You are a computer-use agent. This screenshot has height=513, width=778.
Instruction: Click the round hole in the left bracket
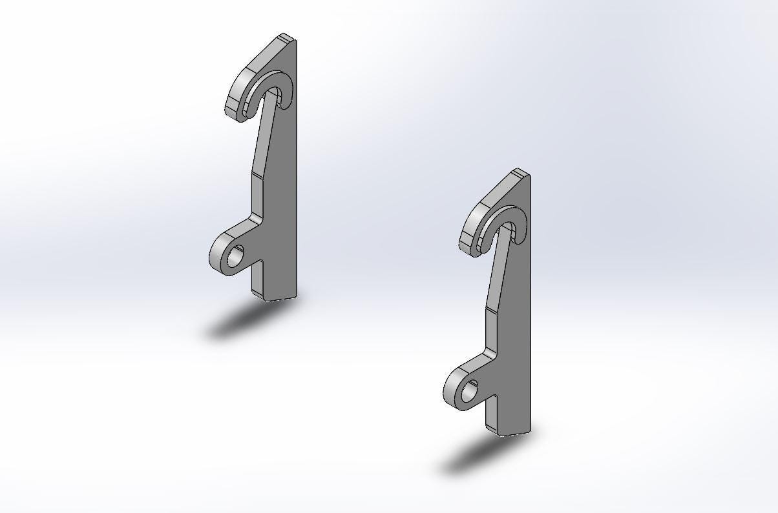(x=236, y=256)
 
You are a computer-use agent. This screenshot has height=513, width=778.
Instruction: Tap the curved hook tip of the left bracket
(x=233, y=107)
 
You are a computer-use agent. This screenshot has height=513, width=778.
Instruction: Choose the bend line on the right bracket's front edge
(x=492, y=309)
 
